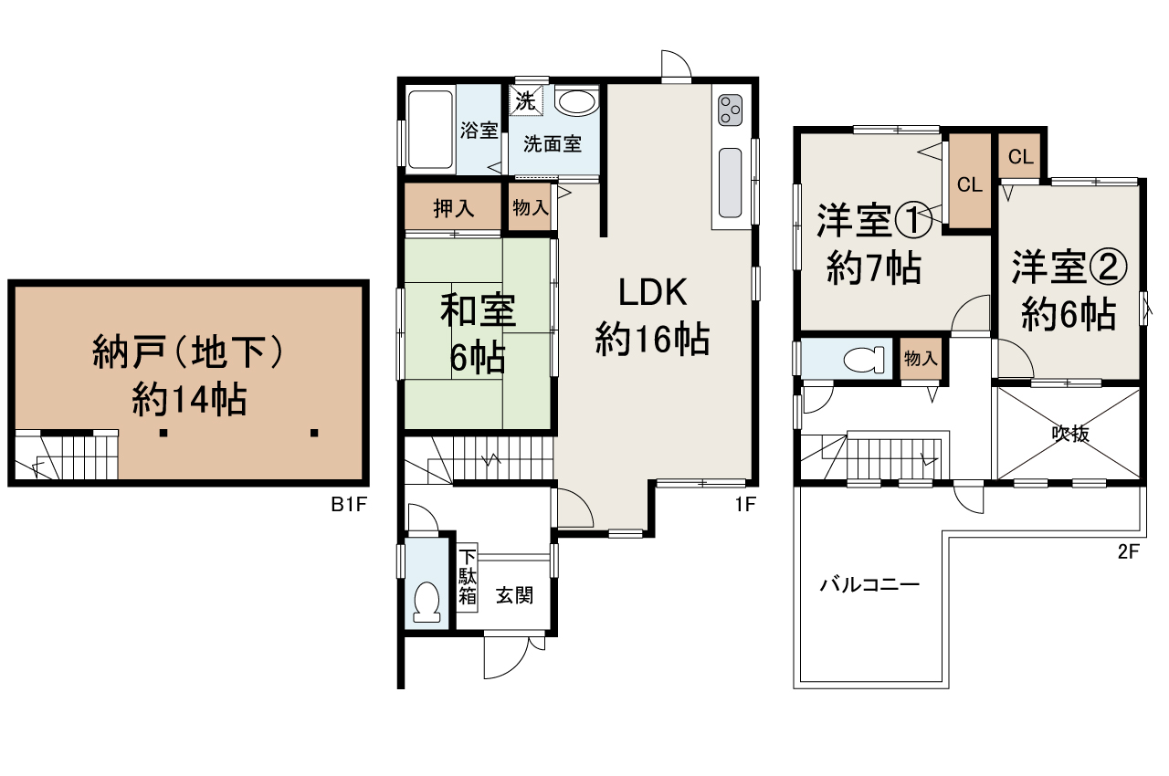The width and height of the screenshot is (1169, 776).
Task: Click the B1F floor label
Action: [348, 505]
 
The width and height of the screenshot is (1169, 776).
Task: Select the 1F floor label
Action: [746, 504]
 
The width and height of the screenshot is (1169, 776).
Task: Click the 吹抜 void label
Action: [1069, 434]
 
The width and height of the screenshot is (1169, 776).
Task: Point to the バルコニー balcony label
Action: [868, 585]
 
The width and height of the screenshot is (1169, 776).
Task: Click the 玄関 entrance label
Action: [514, 595]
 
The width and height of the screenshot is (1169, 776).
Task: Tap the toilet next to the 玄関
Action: [427, 602]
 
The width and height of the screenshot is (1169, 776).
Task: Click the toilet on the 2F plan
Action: [863, 359]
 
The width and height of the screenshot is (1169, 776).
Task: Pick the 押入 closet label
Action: [453, 209]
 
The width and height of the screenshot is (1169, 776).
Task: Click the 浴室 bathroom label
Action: [479, 130]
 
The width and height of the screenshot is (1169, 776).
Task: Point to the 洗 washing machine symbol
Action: [525, 100]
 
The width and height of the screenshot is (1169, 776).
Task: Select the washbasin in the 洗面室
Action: [576, 101]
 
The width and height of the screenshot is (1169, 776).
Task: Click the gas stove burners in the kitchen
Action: [731, 110]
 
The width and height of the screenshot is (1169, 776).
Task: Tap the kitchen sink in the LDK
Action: [731, 182]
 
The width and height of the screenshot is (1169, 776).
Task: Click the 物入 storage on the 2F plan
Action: [920, 359]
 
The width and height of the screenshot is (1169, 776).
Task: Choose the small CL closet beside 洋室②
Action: [1020, 156]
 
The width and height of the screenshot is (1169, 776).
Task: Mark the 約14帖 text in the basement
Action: [188, 399]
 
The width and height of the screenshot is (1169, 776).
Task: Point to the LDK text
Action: [652, 293]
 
